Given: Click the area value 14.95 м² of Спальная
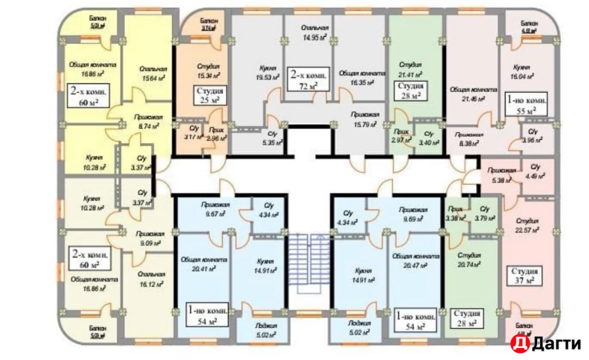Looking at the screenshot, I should (315, 39).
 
